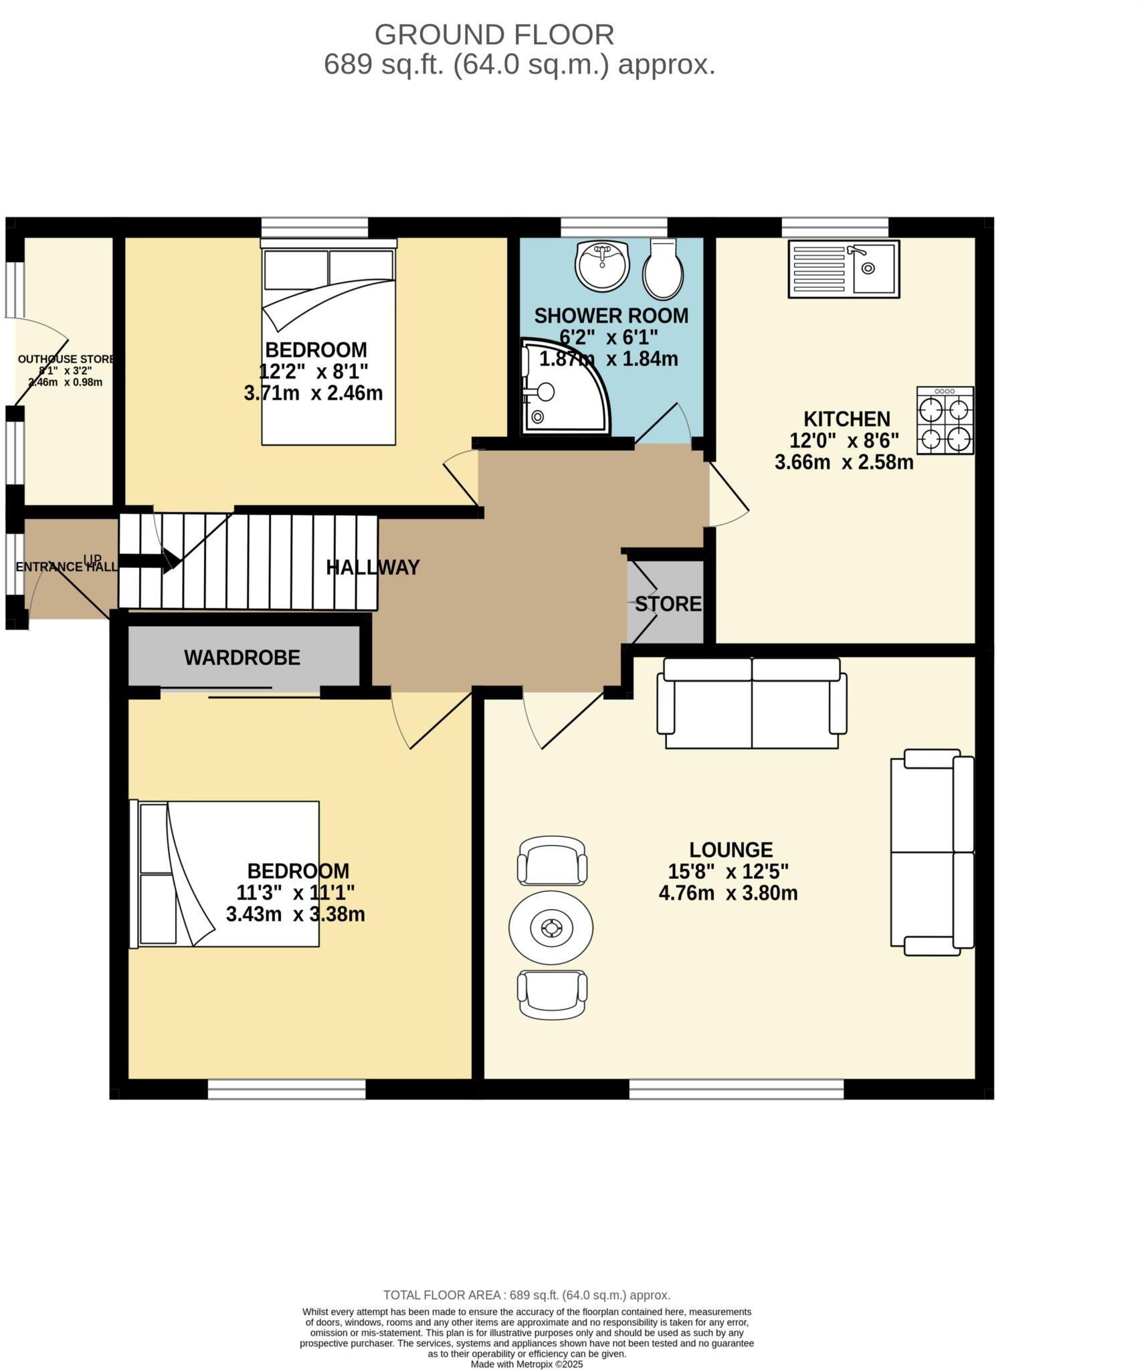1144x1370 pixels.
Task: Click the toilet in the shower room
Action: tap(662, 270)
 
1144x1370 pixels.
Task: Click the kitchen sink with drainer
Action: tap(842, 268)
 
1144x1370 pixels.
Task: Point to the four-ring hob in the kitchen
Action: tap(944, 420)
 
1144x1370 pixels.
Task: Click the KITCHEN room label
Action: tap(846, 419)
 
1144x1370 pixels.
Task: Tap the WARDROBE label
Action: tap(242, 657)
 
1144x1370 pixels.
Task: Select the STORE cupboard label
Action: tap(667, 604)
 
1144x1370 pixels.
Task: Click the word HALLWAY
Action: tap(372, 567)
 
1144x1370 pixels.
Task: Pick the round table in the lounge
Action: tap(550, 927)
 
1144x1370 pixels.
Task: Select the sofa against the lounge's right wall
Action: tap(931, 852)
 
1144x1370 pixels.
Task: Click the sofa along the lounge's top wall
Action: tap(751, 702)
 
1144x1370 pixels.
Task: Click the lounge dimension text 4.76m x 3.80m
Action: tap(727, 893)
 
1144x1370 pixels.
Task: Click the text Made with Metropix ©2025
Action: tap(526, 1364)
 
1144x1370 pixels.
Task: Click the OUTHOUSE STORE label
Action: tap(66, 359)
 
